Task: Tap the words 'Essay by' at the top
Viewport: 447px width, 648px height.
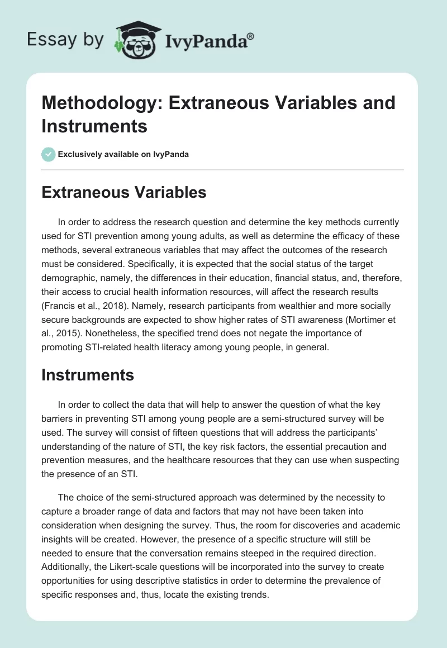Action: click(x=66, y=40)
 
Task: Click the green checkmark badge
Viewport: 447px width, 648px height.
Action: click(x=49, y=154)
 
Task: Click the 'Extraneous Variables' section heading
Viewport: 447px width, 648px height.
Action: click(x=124, y=193)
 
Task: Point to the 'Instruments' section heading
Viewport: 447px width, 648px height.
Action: click(x=88, y=375)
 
